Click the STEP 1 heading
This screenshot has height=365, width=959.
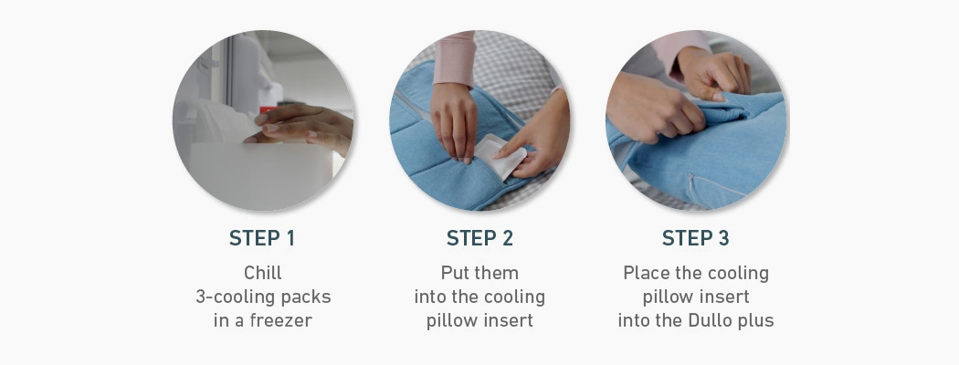262,238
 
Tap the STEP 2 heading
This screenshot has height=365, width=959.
479,238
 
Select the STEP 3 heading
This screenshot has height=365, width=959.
695,238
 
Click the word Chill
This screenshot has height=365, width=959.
263,273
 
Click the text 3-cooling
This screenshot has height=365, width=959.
227,297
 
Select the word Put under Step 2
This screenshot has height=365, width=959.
454,273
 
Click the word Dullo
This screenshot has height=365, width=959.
720,320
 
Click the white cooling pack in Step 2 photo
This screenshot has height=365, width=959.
501,158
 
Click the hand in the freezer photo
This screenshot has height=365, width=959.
300,127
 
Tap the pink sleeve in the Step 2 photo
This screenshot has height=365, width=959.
453,58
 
